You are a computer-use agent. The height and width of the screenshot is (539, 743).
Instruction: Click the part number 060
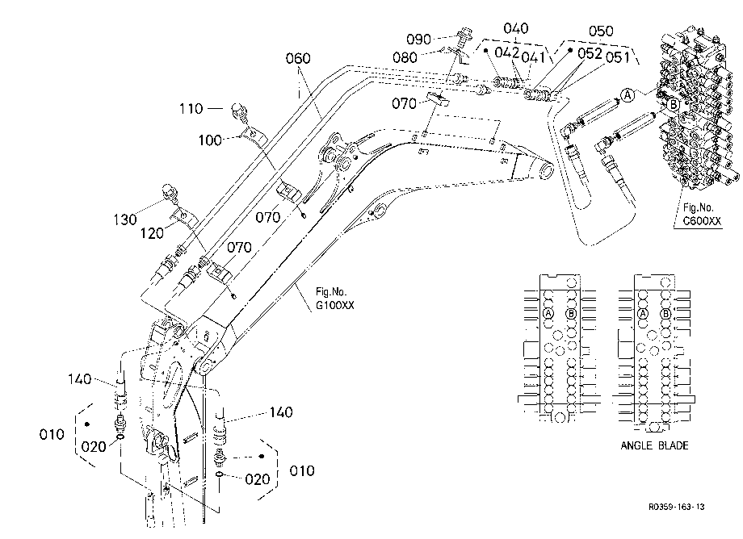pos(298,59)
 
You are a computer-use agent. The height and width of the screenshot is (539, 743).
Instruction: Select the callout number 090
pos(419,40)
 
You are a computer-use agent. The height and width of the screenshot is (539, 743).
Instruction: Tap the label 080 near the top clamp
pos(405,58)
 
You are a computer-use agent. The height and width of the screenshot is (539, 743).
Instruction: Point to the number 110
pos(191,109)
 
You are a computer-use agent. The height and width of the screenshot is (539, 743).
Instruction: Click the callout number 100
pos(210,140)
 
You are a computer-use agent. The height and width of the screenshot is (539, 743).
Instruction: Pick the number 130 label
pos(125,219)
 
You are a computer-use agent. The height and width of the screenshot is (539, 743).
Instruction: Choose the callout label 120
pos(152,233)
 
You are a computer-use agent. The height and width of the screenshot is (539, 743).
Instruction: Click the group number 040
pos(515,28)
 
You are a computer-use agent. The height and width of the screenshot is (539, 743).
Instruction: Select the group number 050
pos(601,31)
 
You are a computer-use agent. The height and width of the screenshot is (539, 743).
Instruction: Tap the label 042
pos(507,52)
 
